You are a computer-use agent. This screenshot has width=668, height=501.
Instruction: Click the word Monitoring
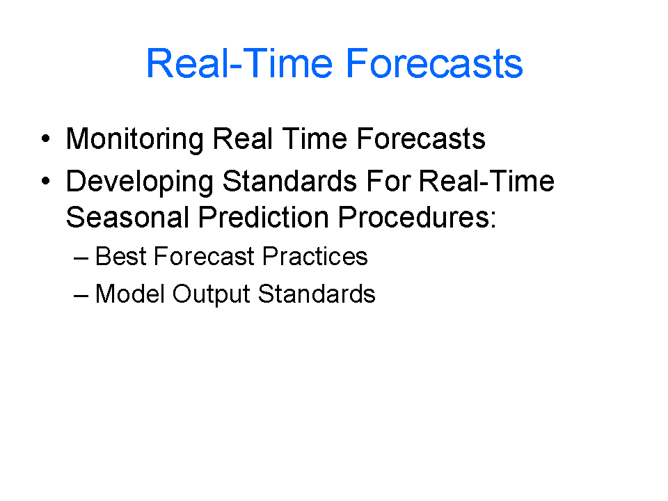pos(135,140)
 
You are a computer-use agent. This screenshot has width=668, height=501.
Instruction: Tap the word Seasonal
pos(128,217)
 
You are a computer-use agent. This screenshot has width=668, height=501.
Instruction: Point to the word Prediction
pos(263,217)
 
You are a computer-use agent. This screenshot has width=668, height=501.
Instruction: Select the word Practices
pos(315,257)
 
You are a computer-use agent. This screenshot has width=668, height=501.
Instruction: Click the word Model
pos(130,294)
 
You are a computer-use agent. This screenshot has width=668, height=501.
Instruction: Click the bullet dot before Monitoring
pos(46,138)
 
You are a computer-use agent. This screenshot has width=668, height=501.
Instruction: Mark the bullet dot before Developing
pos(46,182)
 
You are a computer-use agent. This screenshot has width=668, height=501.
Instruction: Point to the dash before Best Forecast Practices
pos(81,258)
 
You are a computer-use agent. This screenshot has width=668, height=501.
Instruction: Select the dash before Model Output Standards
pos(81,296)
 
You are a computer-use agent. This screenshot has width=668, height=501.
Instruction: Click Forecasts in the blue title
pos(434,64)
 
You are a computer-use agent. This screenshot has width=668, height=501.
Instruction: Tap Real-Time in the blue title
pos(239,64)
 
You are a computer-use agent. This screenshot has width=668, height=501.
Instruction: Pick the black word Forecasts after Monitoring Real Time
pos(421,139)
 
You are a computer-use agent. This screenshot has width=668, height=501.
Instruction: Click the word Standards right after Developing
pos(289,182)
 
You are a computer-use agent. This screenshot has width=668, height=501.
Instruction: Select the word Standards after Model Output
pos(317,294)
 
